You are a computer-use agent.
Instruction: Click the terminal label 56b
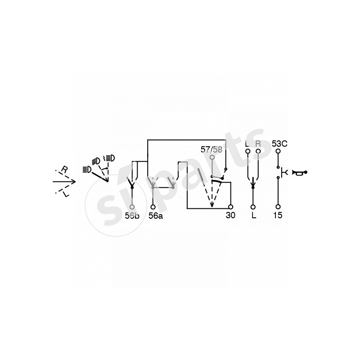(x=132, y=216)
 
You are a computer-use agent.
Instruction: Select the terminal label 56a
(x=154, y=216)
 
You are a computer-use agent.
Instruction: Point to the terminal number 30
(x=230, y=216)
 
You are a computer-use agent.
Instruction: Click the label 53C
(x=280, y=144)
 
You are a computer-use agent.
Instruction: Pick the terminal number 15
(x=278, y=216)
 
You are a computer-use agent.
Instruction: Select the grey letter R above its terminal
(x=258, y=144)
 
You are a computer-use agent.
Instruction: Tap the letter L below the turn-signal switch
(x=253, y=216)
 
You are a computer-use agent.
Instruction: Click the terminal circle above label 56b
(x=132, y=207)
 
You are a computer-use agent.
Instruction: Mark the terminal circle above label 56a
(x=154, y=207)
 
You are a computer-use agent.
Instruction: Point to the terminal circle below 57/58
(x=212, y=157)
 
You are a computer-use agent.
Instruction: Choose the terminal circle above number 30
(x=230, y=207)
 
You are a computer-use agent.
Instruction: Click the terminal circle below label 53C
(x=278, y=152)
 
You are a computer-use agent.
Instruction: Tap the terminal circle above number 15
(x=278, y=207)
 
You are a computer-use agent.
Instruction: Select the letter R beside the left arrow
(x=64, y=169)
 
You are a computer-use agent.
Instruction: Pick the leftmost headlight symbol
(x=86, y=170)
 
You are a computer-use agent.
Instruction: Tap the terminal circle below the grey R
(x=258, y=152)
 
